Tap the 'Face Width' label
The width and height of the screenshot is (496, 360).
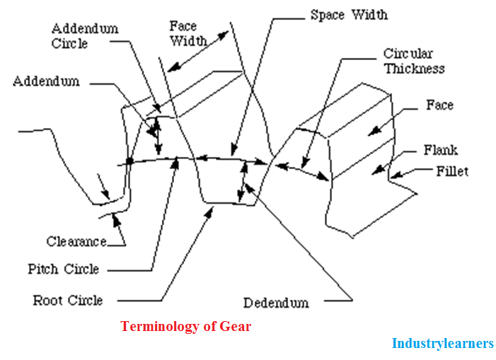coord(188,33)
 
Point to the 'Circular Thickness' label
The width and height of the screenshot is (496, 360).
coord(414,61)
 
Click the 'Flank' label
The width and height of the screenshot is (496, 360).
coord(440,150)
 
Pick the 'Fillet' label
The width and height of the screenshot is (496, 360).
coord(452,171)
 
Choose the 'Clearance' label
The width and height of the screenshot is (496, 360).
coord(76,241)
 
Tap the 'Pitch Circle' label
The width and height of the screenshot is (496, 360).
coord(63,269)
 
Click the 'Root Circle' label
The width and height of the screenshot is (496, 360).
coord(67,300)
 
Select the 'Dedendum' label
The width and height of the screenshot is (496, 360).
coord(276,303)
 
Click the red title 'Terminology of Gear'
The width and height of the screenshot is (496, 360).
coord(185,326)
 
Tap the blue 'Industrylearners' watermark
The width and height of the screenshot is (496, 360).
coord(442,344)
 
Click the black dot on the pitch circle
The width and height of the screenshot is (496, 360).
coord(129,162)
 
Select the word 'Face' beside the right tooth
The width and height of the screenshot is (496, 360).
coord(439,105)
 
